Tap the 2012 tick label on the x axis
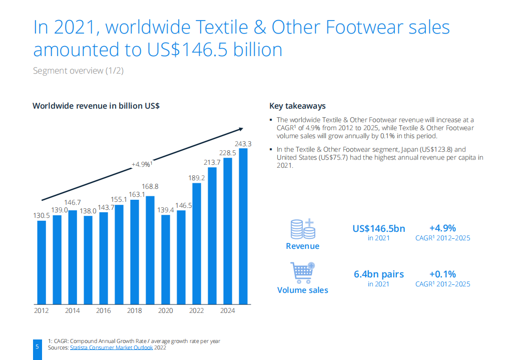pos(42,311)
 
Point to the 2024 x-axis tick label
pos(228,311)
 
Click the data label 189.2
pos(197,177)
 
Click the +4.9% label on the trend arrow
pos(142,164)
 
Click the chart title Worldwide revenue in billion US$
pos(96,106)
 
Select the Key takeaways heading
pos(297,106)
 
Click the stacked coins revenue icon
pos(303,229)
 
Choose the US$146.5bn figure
pos(379,229)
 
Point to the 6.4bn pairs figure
pos(379,274)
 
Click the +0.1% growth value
pos(442,274)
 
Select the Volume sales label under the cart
pos(303,290)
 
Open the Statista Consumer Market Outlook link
pos(111,347)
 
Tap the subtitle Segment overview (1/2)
pos(78,71)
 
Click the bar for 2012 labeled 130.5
pos(42,262)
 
